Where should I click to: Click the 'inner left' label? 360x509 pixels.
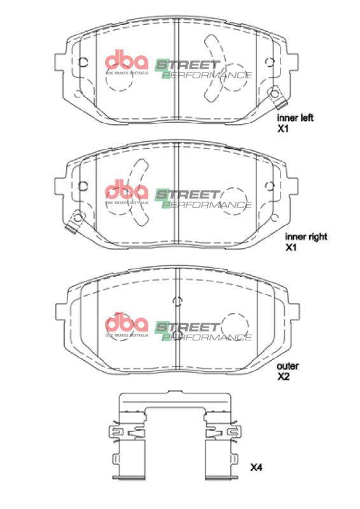pos(294,118)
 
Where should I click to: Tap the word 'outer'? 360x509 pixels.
pos(287,366)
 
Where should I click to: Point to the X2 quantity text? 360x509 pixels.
pos(283,377)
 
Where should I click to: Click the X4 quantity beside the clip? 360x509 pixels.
pos(255,468)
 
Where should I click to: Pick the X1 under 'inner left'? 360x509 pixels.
pos(282,129)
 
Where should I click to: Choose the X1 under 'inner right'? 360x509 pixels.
pos(291,247)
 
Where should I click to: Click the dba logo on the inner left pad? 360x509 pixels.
pos(126,61)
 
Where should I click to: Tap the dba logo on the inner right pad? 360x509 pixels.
pos(126,191)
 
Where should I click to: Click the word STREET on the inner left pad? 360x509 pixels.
pos(188,64)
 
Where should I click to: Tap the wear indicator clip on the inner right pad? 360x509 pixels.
pos(76,220)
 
